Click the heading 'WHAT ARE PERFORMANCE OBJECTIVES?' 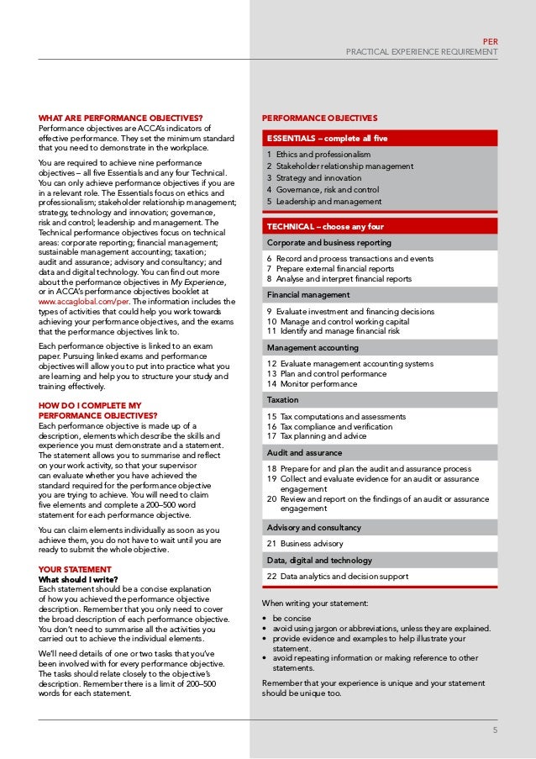[121, 119]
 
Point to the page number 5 [495, 730]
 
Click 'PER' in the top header [491, 40]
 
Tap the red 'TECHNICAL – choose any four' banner [325, 227]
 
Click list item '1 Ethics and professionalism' [318, 155]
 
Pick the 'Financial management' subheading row [308, 295]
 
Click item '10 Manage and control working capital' [338, 322]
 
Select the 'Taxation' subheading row [282, 400]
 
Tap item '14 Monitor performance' [312, 384]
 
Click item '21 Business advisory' [305, 544]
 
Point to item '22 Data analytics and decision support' [338, 577]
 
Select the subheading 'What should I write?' [78, 579]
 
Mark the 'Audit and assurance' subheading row [304, 453]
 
